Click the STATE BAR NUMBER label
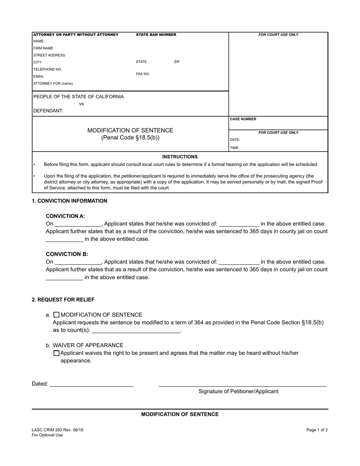(156, 34)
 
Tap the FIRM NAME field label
(43, 48)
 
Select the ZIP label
(177, 62)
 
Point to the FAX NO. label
(143, 74)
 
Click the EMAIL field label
(39, 77)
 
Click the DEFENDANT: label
(48, 111)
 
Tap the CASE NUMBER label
(243, 119)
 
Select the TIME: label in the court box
(235, 148)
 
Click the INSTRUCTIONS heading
(180, 156)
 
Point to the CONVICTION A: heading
(65, 216)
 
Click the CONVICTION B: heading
(67, 254)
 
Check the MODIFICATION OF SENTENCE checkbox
(56, 314)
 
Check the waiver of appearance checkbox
(56, 353)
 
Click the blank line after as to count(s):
(136, 331)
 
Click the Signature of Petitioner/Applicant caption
(238, 391)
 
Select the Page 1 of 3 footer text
(317, 430)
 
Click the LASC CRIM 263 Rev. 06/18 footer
(58, 430)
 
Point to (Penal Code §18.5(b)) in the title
(130, 138)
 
